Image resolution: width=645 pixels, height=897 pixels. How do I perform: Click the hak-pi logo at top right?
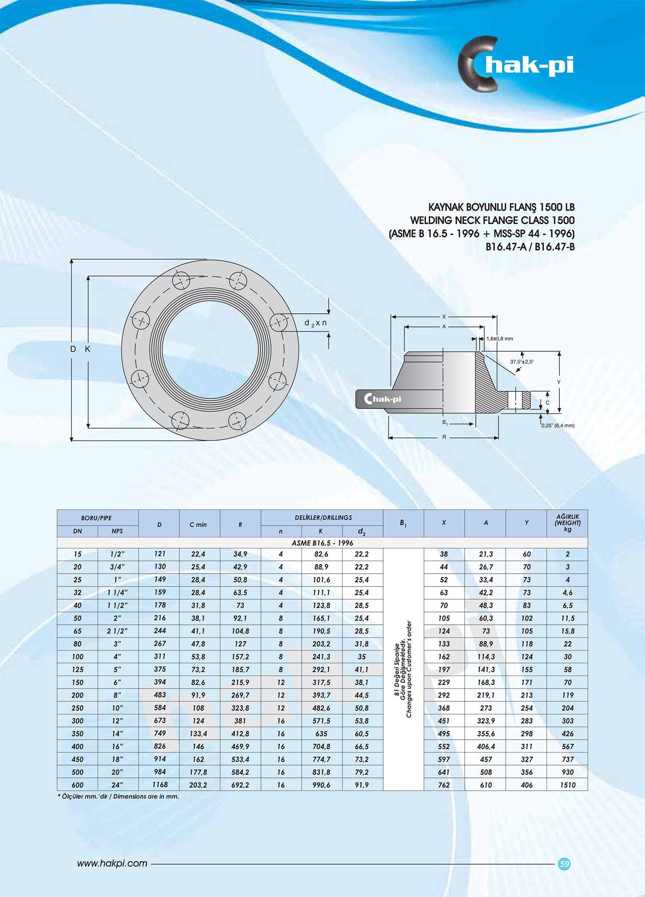(x=516, y=65)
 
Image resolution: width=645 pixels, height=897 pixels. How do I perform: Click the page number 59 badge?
(x=564, y=863)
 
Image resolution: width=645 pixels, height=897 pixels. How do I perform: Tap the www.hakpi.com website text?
(x=112, y=863)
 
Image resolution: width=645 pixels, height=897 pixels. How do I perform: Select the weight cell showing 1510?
(x=568, y=785)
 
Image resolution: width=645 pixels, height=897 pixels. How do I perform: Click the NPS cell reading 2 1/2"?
(x=117, y=631)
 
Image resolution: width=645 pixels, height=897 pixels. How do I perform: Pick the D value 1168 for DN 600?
(x=160, y=784)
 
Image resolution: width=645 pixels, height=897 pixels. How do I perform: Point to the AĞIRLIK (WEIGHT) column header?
(x=568, y=522)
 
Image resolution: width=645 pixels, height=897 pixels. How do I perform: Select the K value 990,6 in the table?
(x=321, y=785)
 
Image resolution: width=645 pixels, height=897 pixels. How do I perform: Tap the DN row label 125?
(x=77, y=670)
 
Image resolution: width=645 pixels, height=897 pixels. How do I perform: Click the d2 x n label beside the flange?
(x=315, y=323)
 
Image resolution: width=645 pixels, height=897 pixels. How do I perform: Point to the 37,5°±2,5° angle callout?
(x=522, y=362)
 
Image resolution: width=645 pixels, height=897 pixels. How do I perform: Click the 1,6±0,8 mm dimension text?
(x=500, y=339)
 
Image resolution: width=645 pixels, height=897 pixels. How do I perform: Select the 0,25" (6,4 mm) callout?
(x=558, y=425)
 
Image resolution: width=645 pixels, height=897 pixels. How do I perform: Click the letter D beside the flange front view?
(x=73, y=349)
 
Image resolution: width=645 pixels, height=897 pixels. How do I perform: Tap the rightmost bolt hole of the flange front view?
(x=279, y=322)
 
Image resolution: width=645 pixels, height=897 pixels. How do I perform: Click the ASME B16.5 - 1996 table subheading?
(x=322, y=543)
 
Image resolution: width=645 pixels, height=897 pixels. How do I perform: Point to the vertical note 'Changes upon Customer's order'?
(x=409, y=669)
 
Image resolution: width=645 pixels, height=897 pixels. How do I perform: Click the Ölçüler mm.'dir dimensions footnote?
(x=119, y=796)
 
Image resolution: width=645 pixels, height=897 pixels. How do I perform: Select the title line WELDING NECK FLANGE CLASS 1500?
(x=492, y=220)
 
